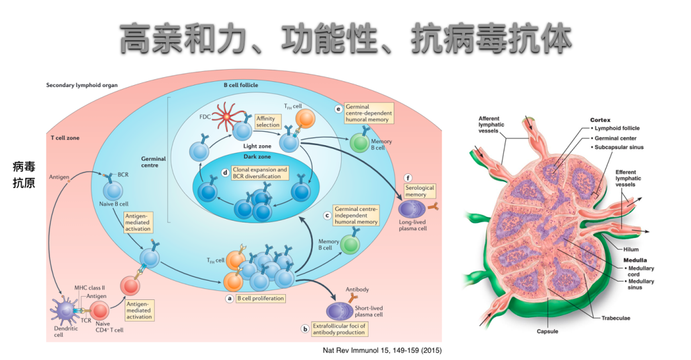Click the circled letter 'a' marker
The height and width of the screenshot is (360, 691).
coord(229,298)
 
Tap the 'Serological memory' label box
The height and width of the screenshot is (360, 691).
coord(420,191)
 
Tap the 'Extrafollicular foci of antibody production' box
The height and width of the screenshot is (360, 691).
coord(338,329)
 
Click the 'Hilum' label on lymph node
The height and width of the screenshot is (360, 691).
coord(631,249)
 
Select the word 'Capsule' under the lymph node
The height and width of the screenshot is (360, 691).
coord(548,332)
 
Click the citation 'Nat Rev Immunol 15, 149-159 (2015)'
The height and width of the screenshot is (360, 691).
coord(382,350)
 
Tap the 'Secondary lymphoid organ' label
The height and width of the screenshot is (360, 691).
coord(82,85)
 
